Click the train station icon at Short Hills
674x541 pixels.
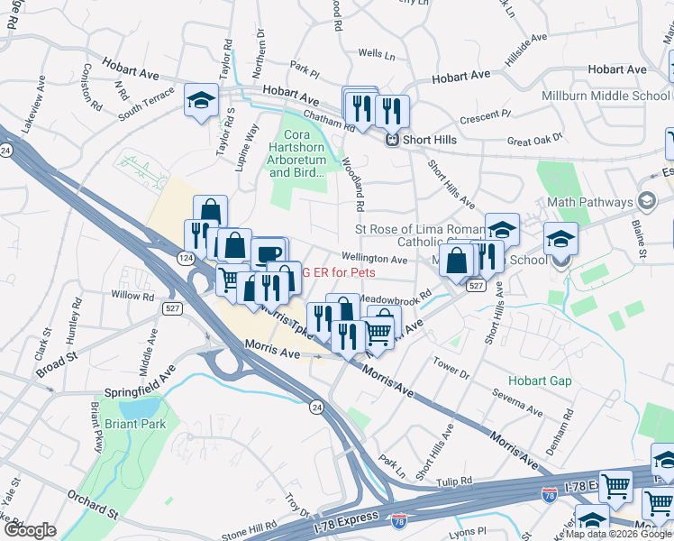393,140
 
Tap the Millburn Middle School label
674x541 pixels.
606,96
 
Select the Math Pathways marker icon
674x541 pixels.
645,200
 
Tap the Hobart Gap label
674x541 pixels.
540,381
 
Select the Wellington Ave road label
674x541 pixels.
375,259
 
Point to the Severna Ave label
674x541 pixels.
516,401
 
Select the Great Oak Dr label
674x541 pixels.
534,139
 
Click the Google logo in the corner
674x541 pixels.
30,530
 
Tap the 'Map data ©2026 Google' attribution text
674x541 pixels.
617,534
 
